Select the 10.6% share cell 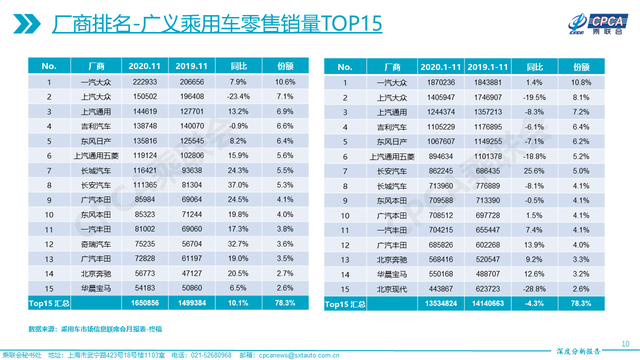coord(284,80)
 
